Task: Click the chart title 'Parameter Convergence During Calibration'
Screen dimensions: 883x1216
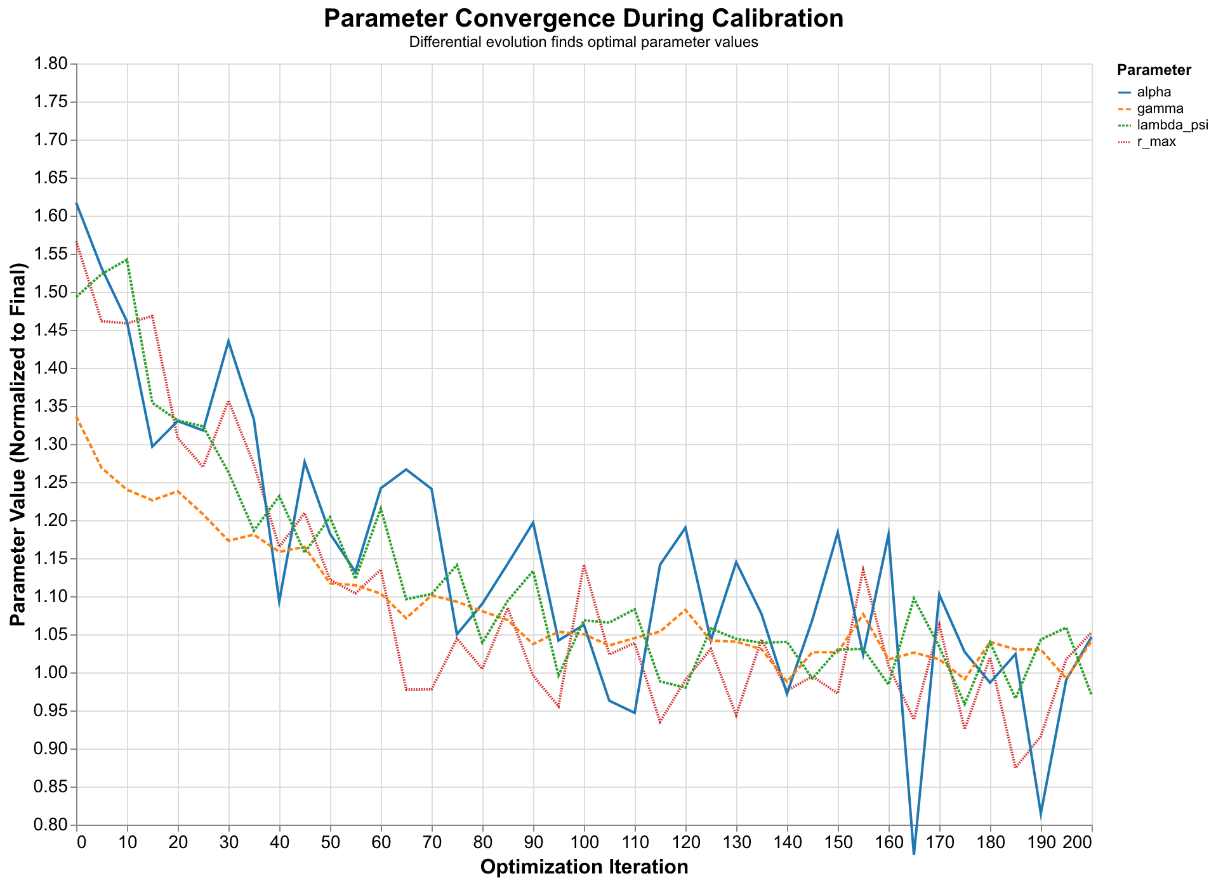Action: click(x=583, y=18)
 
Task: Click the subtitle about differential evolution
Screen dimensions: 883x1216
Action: click(x=583, y=43)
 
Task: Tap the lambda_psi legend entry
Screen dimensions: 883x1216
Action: click(x=1163, y=126)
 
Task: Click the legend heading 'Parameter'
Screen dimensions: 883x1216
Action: click(x=1154, y=70)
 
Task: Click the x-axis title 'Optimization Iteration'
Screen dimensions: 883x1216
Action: click(x=584, y=867)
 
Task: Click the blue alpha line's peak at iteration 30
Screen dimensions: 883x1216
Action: click(x=228, y=341)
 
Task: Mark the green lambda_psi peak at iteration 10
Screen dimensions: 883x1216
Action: click(x=127, y=259)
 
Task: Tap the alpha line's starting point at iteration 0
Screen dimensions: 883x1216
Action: click(x=77, y=204)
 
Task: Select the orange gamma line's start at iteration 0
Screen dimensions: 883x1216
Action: click(x=77, y=417)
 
